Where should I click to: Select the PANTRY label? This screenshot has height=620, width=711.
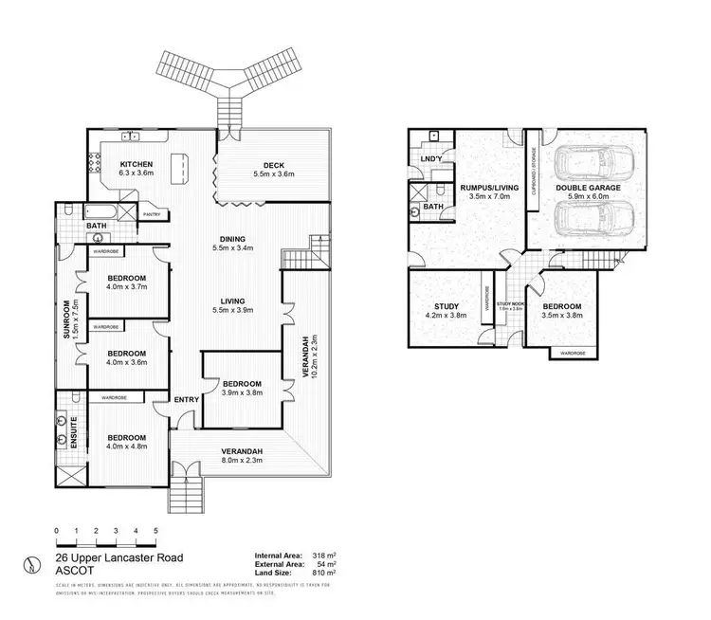[151, 215]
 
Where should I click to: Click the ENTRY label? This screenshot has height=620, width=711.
[186, 399]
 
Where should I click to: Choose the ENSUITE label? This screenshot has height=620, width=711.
[60, 432]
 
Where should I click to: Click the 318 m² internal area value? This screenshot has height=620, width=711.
[321, 556]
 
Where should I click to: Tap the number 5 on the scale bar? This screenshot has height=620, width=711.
[155, 530]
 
